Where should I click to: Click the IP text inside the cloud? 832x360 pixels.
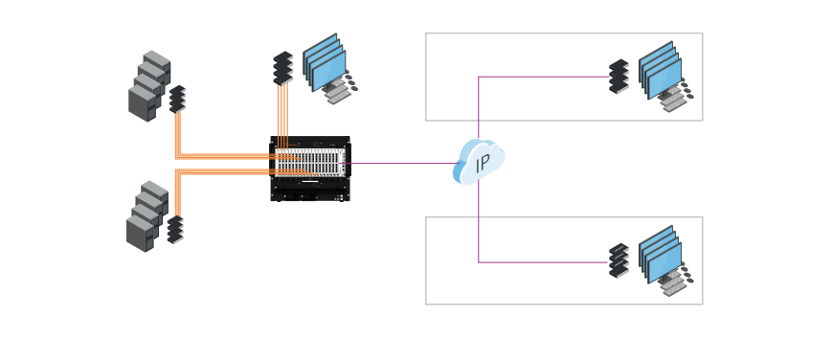483,163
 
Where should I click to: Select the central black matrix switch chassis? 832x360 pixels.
310,168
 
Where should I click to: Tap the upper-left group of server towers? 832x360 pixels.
148,86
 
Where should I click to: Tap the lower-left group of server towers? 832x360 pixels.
146,216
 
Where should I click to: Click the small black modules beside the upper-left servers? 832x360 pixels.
177,99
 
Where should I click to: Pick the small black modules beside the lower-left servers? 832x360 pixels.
174,229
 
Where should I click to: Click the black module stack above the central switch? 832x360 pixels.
282,68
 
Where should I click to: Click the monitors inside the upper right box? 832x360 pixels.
660,69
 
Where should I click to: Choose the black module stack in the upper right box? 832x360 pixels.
618,77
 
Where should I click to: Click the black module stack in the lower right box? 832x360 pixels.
618,260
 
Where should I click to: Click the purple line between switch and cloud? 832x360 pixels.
402,164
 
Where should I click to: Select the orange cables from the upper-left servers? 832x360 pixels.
220,154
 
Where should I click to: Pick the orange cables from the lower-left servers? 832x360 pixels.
220,172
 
